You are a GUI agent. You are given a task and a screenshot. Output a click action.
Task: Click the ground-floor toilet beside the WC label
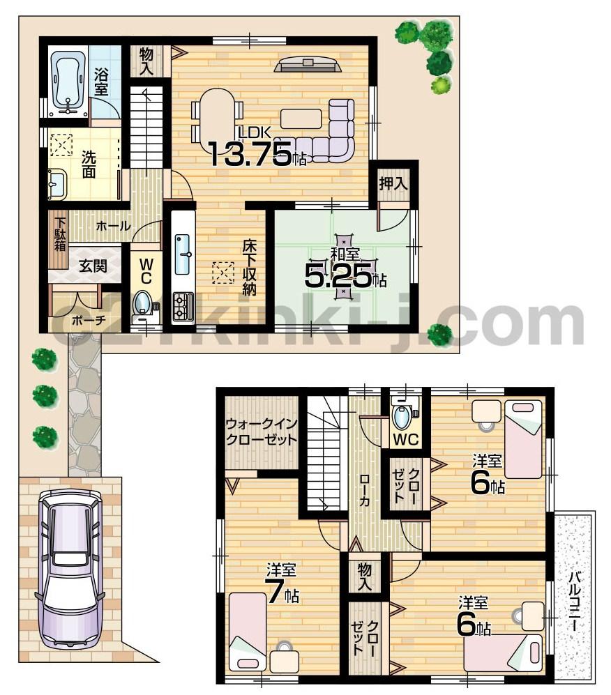click(144, 304)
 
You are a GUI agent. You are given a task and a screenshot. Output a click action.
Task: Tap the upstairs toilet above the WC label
click(403, 418)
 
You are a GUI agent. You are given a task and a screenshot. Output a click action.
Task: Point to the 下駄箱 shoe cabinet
click(61, 235)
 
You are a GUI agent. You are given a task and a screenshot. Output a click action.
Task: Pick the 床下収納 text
click(249, 268)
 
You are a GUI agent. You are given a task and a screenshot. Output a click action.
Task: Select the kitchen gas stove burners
click(183, 306)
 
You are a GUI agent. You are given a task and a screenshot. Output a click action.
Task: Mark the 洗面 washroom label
click(88, 163)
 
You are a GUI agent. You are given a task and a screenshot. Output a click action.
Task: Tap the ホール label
click(112, 226)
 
